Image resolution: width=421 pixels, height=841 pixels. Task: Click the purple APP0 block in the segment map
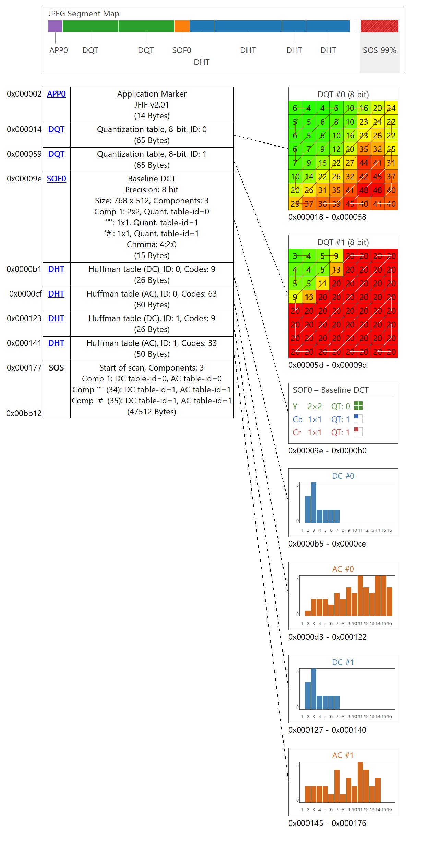click(x=55, y=26)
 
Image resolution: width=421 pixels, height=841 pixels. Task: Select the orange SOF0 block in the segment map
click(x=182, y=26)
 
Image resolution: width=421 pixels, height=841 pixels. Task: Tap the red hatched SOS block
click(x=380, y=26)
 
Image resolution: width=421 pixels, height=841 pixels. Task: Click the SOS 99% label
click(x=380, y=50)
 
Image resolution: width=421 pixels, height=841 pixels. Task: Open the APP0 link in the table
click(x=56, y=94)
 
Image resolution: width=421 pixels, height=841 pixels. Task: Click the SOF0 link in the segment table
click(x=56, y=179)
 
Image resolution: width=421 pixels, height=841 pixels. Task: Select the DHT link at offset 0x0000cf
click(x=56, y=294)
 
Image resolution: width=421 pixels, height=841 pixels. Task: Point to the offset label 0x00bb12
click(x=24, y=413)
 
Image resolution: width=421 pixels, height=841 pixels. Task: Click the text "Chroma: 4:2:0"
click(x=152, y=244)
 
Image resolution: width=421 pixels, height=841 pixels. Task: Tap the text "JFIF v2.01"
click(x=152, y=105)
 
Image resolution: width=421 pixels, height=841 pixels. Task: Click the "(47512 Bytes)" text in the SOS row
click(x=152, y=412)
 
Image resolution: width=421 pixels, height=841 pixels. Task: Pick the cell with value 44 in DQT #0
click(x=363, y=163)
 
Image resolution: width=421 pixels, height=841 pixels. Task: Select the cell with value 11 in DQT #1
click(x=322, y=284)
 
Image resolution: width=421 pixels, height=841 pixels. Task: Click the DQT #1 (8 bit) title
click(x=343, y=242)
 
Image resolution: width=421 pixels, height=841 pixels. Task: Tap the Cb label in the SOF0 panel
click(x=298, y=419)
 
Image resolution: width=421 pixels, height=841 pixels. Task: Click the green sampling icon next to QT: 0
click(x=358, y=406)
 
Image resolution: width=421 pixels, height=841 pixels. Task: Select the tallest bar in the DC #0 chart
click(x=314, y=502)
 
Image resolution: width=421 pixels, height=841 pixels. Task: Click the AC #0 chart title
click(x=343, y=569)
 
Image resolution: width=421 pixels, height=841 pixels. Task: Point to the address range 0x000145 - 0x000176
click(x=327, y=823)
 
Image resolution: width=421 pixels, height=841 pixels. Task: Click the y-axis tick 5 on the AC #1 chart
click(x=297, y=764)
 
